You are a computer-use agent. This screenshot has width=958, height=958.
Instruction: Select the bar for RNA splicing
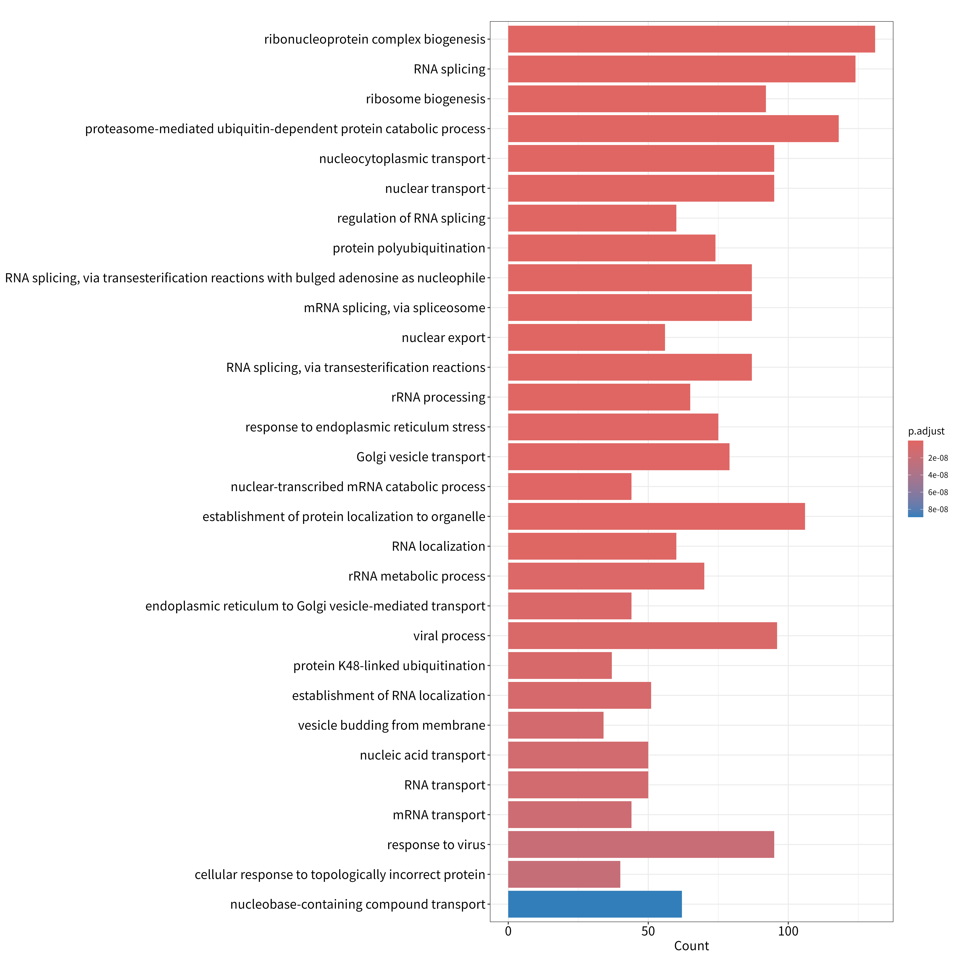pos(682,69)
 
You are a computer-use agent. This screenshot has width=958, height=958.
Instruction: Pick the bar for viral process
pos(643,636)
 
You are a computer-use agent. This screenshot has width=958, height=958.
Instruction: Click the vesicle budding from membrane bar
pos(556,725)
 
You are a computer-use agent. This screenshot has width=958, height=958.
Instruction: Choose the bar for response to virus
pos(641,844)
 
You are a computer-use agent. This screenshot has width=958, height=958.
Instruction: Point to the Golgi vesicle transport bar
pos(619,457)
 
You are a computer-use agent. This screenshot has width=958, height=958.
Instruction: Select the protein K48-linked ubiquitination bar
pos(560,665)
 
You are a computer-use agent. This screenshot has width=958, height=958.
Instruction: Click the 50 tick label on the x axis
pos(648,931)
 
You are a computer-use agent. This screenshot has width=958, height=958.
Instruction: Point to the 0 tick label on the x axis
pos(508,931)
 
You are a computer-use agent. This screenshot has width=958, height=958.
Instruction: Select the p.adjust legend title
pos(926,431)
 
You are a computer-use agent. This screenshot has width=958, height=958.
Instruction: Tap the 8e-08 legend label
pos(938,509)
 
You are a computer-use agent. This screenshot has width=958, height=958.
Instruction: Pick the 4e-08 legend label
pos(938,475)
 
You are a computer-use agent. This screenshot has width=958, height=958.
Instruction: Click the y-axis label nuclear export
pos(443,338)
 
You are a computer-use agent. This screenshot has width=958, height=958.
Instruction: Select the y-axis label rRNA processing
pos(438,397)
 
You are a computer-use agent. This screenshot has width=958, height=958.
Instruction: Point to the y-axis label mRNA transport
pos(439,815)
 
